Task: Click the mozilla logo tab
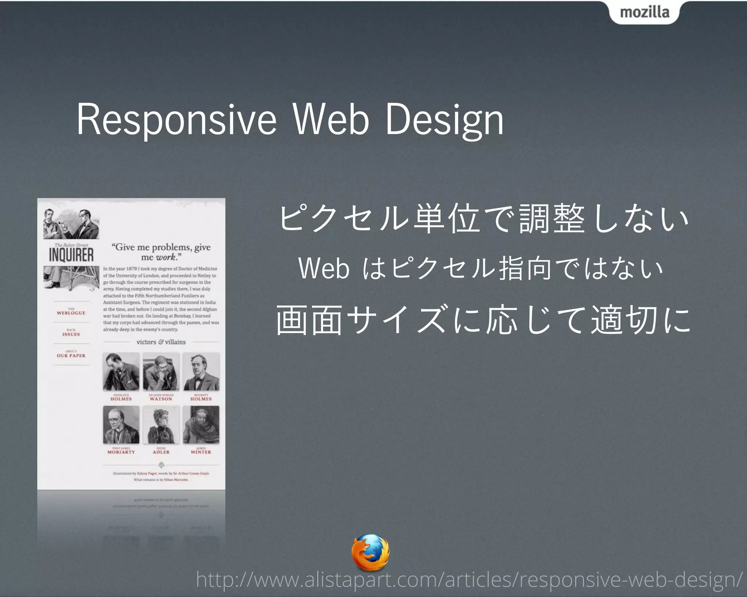(644, 12)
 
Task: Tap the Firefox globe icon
(370, 552)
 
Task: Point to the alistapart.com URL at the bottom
(469, 580)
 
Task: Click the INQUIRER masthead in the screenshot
(71, 255)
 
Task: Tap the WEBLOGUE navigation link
(71, 312)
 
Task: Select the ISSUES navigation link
(71, 333)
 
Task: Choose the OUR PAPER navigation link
(71, 355)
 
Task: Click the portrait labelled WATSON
(161, 372)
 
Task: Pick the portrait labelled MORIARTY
(121, 425)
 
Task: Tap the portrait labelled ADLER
(161, 425)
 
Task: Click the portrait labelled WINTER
(201, 425)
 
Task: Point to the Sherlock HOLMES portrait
(121, 372)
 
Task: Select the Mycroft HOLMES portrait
(201, 372)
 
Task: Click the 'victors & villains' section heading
(161, 342)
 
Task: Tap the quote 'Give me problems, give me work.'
(161, 252)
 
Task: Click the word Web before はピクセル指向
(324, 269)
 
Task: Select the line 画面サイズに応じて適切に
(483, 320)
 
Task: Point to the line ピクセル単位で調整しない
(483, 218)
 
